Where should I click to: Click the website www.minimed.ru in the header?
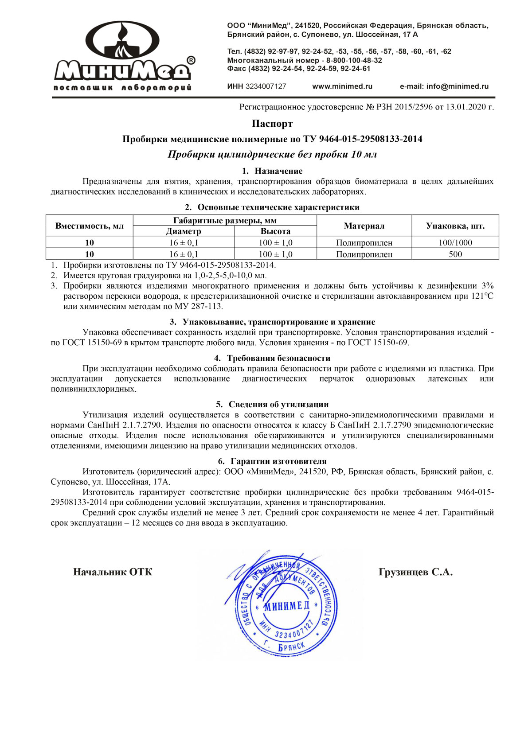click(x=342, y=86)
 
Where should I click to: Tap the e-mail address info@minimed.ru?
click(x=457, y=86)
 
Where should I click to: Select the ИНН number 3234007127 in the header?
click(x=266, y=86)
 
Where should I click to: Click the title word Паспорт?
click(x=272, y=123)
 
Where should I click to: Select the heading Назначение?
click(x=278, y=171)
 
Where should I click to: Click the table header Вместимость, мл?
click(x=90, y=226)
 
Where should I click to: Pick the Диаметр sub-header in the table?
click(x=184, y=231)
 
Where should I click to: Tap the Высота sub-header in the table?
click(x=275, y=231)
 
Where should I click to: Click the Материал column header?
click(x=364, y=226)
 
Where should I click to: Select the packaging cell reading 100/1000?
click(x=455, y=243)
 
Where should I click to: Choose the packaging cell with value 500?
click(x=455, y=254)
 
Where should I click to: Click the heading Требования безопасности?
click(x=278, y=358)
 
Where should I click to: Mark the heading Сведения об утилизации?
click(x=278, y=404)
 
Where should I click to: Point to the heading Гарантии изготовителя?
click(x=278, y=461)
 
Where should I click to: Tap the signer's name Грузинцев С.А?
click(x=415, y=572)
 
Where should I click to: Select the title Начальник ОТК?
click(x=113, y=572)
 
